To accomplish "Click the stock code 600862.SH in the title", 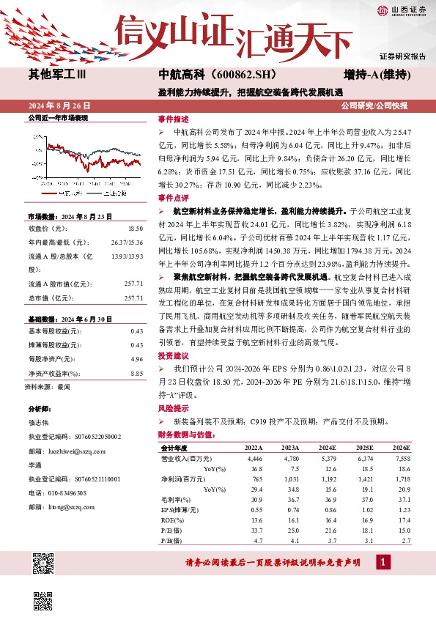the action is click(234, 74).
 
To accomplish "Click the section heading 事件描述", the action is click(173, 119).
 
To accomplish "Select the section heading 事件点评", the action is click(173, 198).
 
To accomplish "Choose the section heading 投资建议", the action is click(173, 354).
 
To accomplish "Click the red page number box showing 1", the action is click(383, 561).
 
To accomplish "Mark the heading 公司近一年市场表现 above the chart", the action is click(57, 117).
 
